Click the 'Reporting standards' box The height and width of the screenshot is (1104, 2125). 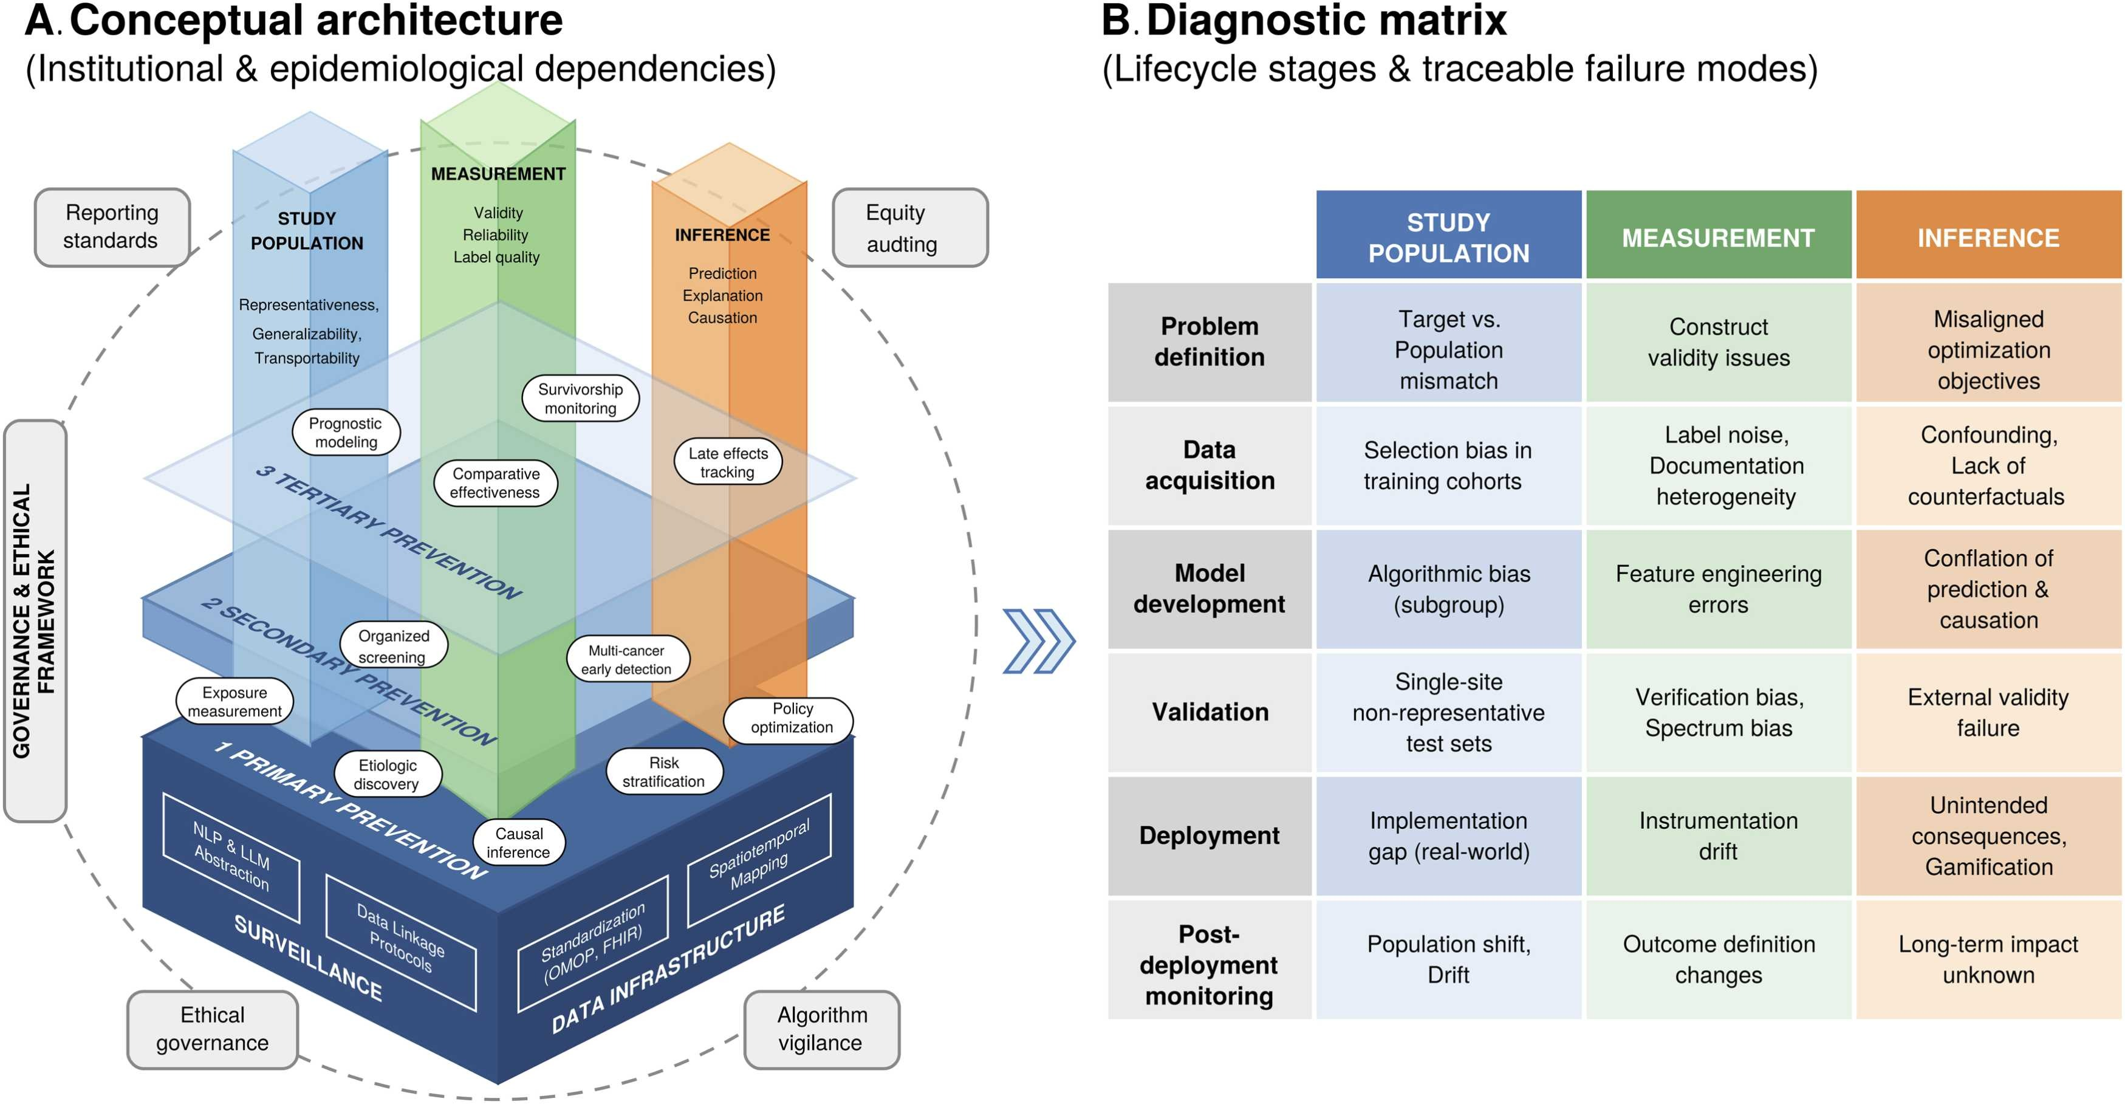click(112, 227)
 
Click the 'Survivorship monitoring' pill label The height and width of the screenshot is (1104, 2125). click(581, 399)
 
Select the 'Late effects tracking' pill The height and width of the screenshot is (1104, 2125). click(728, 462)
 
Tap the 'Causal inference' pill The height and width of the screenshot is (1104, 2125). click(519, 843)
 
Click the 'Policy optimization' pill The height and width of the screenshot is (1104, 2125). click(789, 718)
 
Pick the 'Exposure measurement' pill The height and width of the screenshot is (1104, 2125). click(235, 701)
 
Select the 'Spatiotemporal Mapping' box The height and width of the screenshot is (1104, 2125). click(759, 859)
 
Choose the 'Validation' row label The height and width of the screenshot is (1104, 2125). click(1210, 712)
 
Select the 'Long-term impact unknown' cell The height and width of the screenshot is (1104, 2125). click(1988, 959)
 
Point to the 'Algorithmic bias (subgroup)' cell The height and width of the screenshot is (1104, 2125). click(1449, 589)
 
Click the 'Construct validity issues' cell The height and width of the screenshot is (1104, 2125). click(1719, 343)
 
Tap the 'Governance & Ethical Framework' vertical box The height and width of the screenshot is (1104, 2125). click(35, 620)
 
